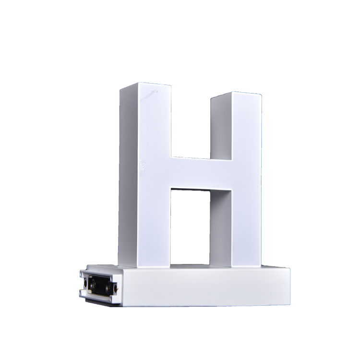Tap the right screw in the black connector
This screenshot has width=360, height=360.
coord(108,288)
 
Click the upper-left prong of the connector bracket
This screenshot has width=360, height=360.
coord(82,274)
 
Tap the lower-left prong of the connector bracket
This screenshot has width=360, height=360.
coord(82,292)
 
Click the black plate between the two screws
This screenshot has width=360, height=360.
coord(101,287)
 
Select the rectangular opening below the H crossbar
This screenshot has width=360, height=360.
coord(190,228)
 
